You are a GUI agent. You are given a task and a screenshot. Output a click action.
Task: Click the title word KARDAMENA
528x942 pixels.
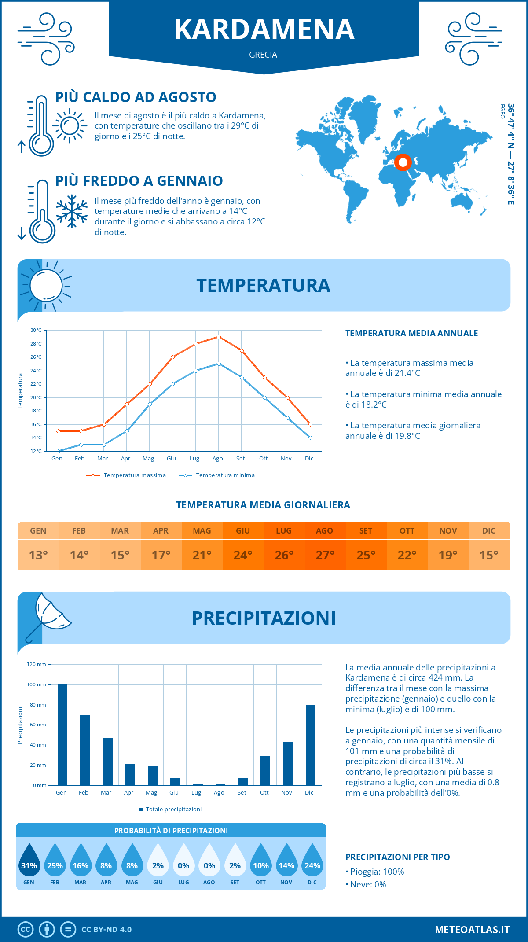pyautogui.click(x=264, y=29)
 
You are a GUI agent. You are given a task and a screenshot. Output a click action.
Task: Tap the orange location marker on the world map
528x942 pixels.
pyautogui.click(x=403, y=162)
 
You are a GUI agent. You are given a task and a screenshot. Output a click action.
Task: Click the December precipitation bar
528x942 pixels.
pyautogui.click(x=311, y=745)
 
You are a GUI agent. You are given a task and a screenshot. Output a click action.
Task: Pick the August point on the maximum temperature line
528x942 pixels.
pyautogui.click(x=219, y=337)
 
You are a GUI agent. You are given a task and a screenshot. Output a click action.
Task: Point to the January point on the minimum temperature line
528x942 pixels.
pyautogui.click(x=58, y=451)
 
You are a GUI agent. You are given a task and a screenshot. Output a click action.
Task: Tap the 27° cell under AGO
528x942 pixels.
pyautogui.click(x=325, y=555)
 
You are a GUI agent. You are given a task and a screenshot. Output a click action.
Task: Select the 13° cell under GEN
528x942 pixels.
pyautogui.click(x=38, y=555)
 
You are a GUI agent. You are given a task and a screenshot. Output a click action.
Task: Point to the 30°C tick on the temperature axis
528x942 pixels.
pyautogui.click(x=36, y=330)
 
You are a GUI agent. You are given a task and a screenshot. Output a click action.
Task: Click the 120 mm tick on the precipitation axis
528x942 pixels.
pyautogui.click(x=37, y=664)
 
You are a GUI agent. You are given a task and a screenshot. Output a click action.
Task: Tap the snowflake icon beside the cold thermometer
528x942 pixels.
pyautogui.click(x=72, y=211)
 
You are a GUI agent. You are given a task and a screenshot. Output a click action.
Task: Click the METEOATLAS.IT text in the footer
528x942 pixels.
pyautogui.click(x=472, y=930)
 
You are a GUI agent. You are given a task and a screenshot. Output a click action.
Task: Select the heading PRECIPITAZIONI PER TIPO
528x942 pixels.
pyautogui.click(x=397, y=857)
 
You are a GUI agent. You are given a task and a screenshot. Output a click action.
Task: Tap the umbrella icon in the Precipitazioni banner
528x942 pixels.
pyautogui.click(x=48, y=616)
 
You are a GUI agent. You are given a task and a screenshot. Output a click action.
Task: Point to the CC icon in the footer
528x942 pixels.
pyautogui.click(x=26, y=930)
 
